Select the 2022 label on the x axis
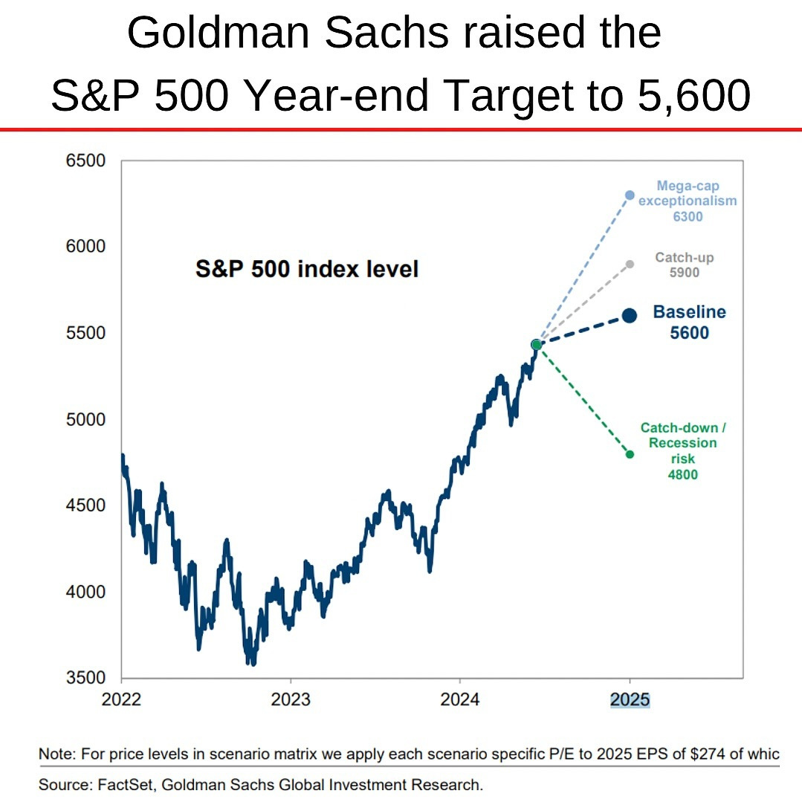click(x=121, y=699)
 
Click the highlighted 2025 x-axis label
click(x=630, y=699)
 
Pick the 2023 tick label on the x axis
click(x=291, y=699)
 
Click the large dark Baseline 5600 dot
click(x=630, y=315)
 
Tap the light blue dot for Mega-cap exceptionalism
click(x=630, y=195)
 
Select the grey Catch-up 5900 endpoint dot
click(x=630, y=264)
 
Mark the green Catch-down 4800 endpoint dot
click(x=630, y=454)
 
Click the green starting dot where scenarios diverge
click(x=536, y=344)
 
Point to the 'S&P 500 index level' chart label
click(x=307, y=268)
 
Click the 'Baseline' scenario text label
click(x=689, y=312)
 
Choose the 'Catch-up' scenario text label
click(x=684, y=258)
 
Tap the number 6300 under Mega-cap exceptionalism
click(x=687, y=216)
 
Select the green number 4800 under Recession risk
click(x=682, y=474)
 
